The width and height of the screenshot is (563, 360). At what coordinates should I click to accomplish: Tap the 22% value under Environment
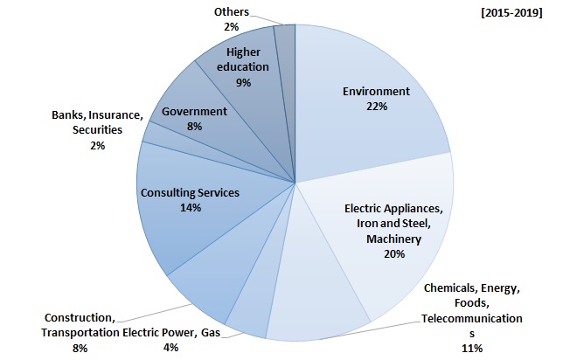pos(377,106)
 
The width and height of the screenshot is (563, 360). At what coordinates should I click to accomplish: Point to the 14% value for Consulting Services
pos(191,208)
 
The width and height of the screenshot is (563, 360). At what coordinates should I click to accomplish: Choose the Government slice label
pos(194,111)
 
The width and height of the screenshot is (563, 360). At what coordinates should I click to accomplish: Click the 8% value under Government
pos(194,126)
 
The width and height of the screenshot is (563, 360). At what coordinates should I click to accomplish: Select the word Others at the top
pos(231,12)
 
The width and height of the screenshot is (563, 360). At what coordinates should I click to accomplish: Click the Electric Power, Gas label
pos(171,332)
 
